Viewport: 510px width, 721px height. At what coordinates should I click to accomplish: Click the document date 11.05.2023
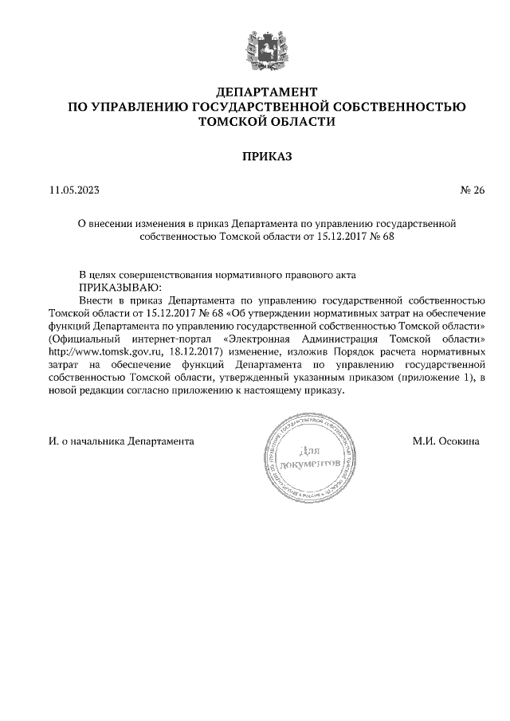(x=75, y=190)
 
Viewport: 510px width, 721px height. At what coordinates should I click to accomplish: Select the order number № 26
(x=472, y=190)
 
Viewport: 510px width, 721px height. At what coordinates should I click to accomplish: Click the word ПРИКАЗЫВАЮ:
(x=120, y=286)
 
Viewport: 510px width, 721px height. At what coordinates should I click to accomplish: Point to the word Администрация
(x=382, y=339)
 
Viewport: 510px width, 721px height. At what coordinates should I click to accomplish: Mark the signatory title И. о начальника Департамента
(x=121, y=440)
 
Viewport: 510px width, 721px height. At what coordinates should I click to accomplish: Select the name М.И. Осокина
(x=445, y=440)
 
